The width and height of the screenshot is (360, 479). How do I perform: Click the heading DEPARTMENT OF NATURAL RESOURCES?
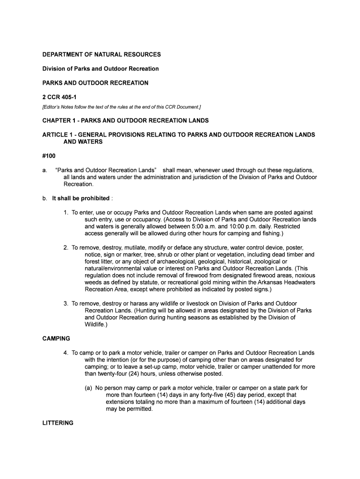click(x=101, y=55)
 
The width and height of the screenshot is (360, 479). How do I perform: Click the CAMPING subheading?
click(x=56, y=338)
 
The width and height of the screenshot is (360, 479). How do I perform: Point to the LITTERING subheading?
click(x=58, y=423)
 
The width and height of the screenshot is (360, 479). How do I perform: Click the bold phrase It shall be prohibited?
click(x=80, y=198)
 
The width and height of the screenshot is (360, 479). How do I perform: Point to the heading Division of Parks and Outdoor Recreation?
click(x=101, y=69)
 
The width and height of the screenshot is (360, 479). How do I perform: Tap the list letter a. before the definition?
click(x=45, y=170)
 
